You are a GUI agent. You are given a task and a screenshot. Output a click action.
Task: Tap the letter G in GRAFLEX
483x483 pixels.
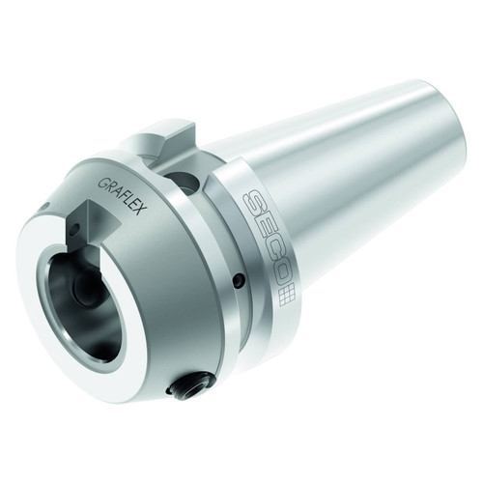tap(103, 180)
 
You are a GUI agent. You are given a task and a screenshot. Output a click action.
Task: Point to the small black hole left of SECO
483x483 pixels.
tap(237, 281)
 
